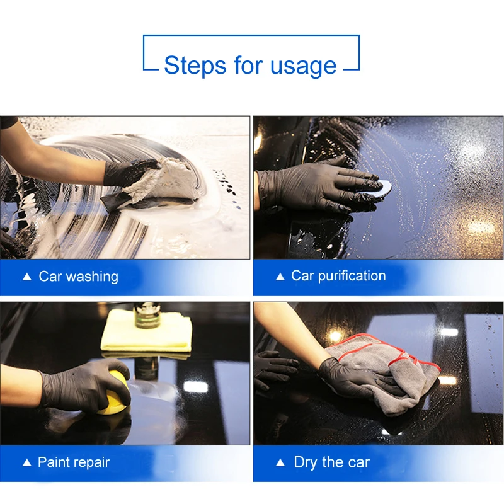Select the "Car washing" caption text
(x=78, y=277)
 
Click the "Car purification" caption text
(x=338, y=276)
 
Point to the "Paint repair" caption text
(x=74, y=462)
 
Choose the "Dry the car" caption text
(x=332, y=463)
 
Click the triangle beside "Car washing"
(x=27, y=277)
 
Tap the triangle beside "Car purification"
(x=280, y=277)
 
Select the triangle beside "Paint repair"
(x=27, y=462)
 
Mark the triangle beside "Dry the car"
(x=280, y=462)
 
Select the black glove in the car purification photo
(x=317, y=186)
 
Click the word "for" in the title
(x=248, y=66)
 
